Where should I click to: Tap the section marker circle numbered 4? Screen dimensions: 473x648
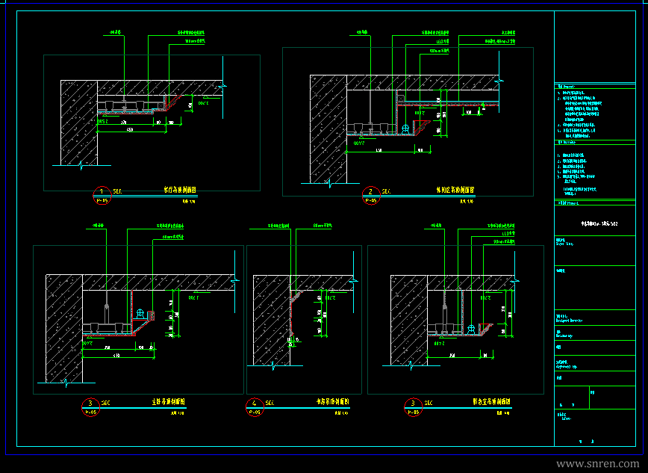(255, 406)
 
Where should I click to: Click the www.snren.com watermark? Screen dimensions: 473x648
(598, 463)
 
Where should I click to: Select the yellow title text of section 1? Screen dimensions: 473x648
(180, 191)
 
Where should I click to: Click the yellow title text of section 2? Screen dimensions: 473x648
(455, 191)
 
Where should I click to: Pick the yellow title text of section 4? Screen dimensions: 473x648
(332, 402)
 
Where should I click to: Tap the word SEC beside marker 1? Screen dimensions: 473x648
(117, 191)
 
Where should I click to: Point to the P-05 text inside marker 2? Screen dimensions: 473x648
(370, 200)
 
